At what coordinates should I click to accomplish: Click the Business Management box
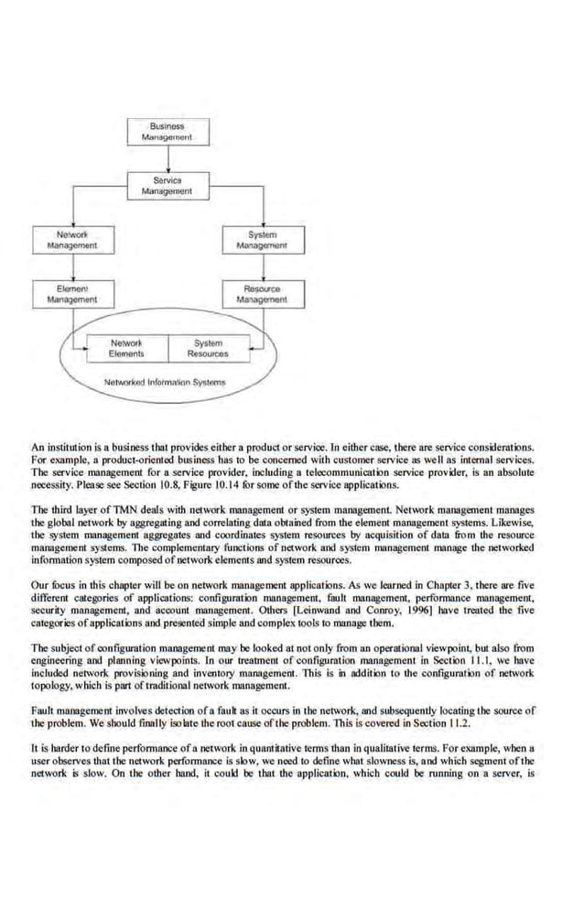[x=166, y=132]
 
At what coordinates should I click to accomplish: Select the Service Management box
[x=166, y=186]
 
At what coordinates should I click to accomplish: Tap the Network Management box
[x=71, y=240]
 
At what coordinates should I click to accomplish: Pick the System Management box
[x=261, y=240]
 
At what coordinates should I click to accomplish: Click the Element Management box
[x=71, y=294]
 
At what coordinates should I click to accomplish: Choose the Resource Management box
[x=261, y=294]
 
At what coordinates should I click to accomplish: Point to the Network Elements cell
[x=126, y=348]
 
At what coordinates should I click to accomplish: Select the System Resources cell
[x=208, y=348]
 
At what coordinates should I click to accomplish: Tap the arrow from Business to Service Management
[x=166, y=159]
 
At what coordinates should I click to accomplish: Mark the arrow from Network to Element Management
[x=71, y=266]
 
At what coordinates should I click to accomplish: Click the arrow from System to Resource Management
[x=261, y=266]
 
